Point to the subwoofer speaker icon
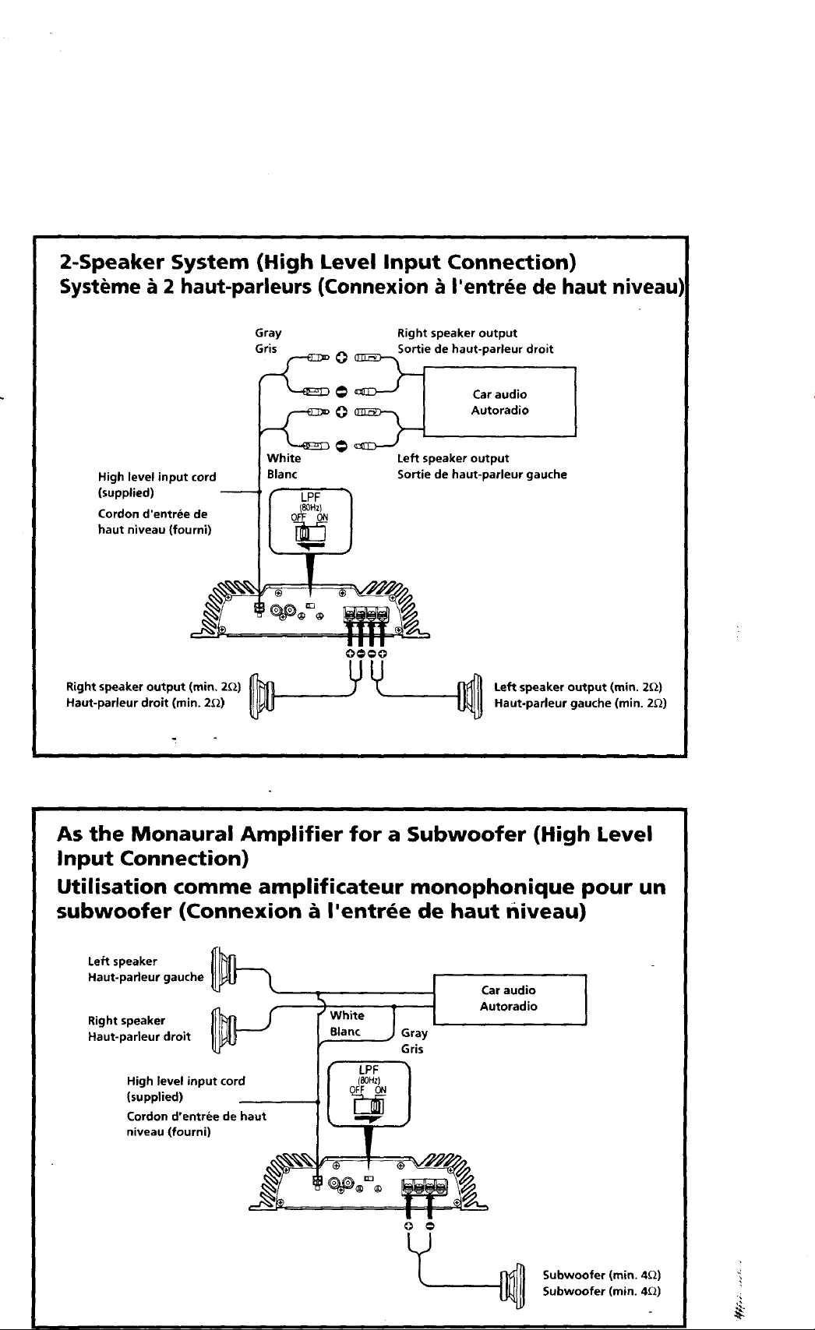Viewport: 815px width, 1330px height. point(513,1283)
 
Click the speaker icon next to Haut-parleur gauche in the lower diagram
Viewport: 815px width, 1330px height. point(224,969)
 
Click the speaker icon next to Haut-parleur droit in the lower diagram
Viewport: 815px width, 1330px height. point(224,1030)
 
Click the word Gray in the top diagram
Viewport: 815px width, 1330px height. point(268,333)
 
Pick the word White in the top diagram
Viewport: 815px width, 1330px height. point(284,458)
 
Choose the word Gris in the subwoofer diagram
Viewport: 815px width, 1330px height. point(412,1050)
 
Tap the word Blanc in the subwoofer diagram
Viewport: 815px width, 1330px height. point(345,1032)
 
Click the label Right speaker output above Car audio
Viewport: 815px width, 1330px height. point(457,333)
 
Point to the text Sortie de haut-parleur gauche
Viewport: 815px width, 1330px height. point(482,474)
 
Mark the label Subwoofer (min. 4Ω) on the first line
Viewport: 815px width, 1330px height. point(602,1275)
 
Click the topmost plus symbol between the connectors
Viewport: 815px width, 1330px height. point(340,358)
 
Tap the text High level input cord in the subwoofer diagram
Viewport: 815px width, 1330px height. point(185,1081)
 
